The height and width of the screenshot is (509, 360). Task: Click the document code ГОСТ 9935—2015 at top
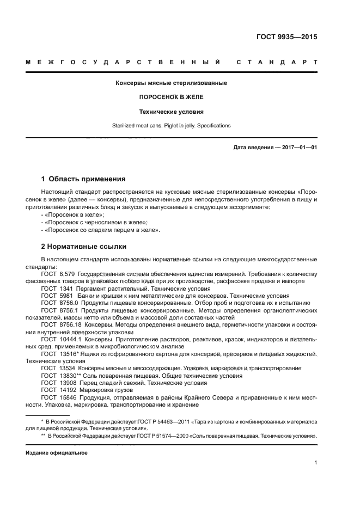click(286, 38)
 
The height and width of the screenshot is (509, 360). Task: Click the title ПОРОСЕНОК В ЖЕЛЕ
click(171, 97)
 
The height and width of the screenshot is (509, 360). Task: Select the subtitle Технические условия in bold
click(171, 112)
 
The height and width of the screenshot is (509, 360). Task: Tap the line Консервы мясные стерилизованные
click(171, 83)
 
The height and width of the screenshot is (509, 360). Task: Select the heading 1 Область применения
click(84, 179)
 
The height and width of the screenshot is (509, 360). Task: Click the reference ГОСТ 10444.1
click(60, 339)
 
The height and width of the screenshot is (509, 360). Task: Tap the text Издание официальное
click(57, 453)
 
